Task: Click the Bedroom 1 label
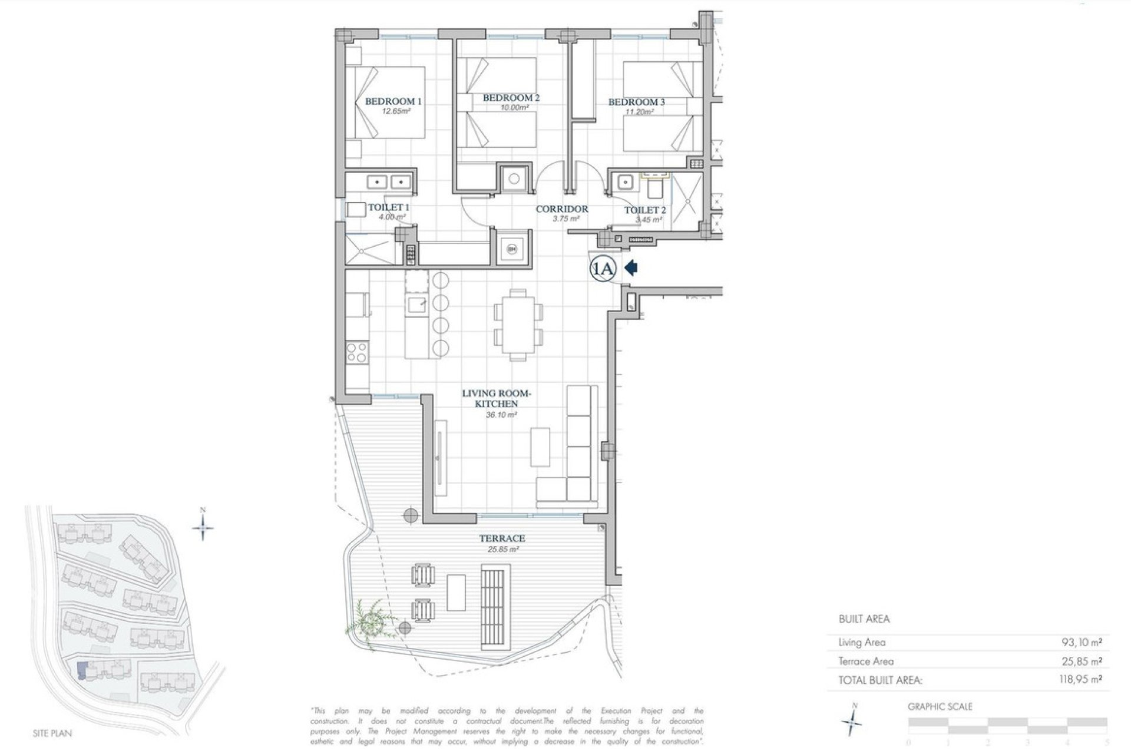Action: [393, 101]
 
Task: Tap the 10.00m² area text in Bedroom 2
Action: [511, 108]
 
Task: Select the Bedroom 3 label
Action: [636, 102]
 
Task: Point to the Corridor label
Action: [561, 209]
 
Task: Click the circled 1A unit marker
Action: [603, 269]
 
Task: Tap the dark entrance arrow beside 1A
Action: [631, 269]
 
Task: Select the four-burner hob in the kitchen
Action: [357, 353]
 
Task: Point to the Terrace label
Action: [502, 538]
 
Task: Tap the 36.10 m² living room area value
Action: [501, 415]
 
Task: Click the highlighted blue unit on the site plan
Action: [82, 670]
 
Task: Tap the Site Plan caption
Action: [52, 733]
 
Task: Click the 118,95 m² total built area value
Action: [1080, 679]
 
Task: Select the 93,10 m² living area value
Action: [1082, 642]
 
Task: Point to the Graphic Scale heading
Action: [940, 706]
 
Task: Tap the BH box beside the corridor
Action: [511, 249]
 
